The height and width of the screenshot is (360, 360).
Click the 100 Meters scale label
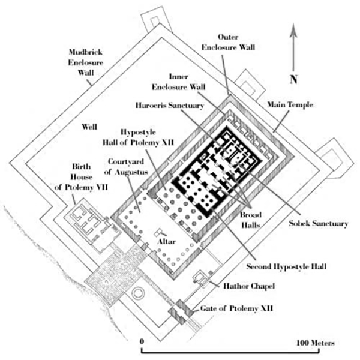(313, 343)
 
